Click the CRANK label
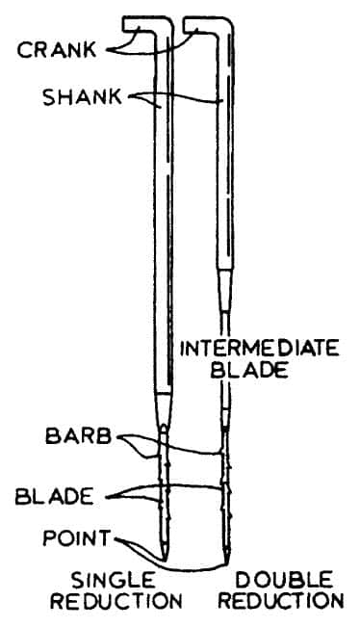[57, 50]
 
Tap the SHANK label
[82, 97]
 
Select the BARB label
[78, 436]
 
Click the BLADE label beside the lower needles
[54, 497]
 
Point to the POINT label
[76, 538]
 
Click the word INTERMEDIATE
[260, 349]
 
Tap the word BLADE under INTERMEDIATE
[249, 370]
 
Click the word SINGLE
[114, 580]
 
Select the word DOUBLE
[284, 580]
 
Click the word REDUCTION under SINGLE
[116, 601]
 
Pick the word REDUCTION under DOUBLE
[282, 601]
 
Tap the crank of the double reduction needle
[203, 24]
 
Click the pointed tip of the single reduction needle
[165, 559]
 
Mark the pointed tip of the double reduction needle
[226, 563]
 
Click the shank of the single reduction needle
[164, 212]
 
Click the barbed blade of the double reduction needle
[226, 492]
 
